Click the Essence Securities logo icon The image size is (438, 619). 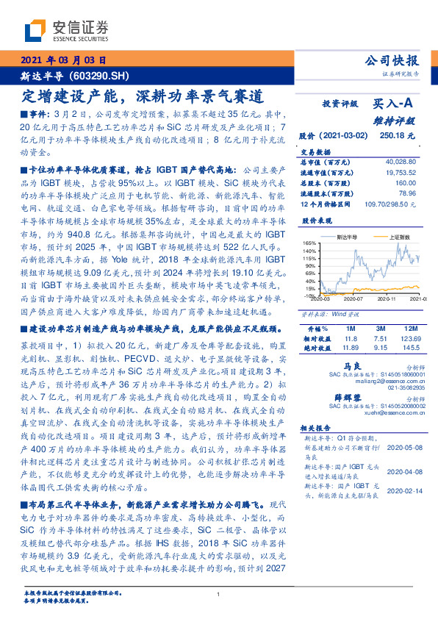coord(37,32)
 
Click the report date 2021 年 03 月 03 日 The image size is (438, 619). coord(64,62)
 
